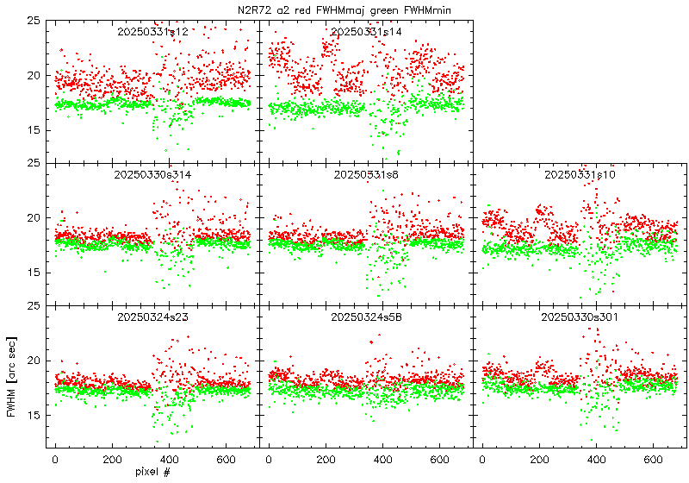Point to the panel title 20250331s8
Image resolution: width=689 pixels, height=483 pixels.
coord(366,174)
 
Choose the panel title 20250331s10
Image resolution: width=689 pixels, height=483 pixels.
coord(580,174)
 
